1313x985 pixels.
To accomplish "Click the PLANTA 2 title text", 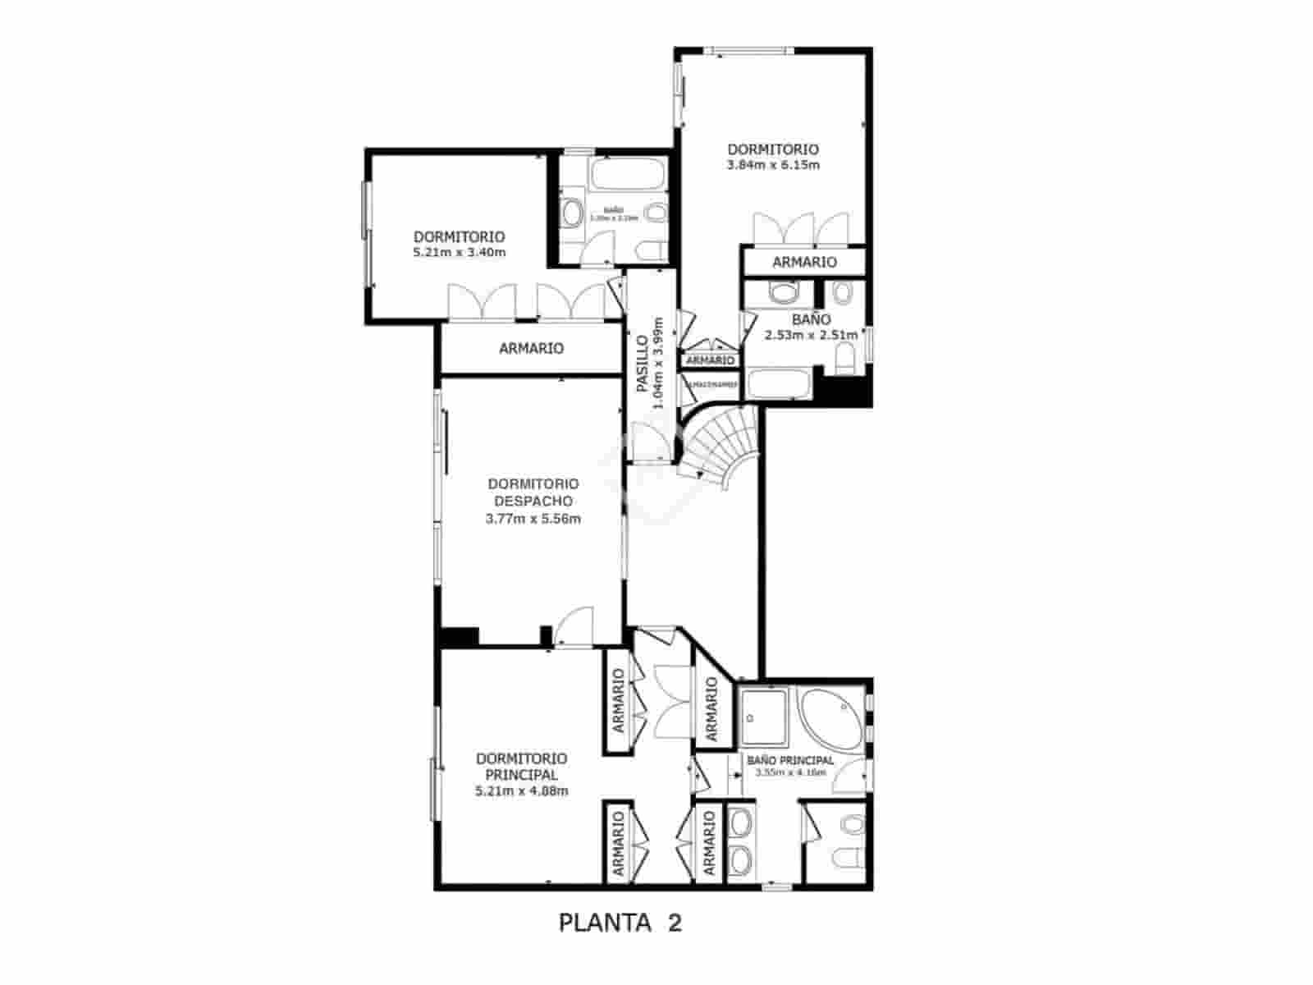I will click(620, 923).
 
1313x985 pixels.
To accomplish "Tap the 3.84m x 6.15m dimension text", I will click(773, 165).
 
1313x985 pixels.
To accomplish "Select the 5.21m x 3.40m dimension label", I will click(460, 252).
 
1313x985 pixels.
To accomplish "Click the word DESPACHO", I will click(533, 501).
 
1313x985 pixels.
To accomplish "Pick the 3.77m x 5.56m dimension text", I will click(533, 519).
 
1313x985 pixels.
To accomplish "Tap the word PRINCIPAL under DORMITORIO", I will click(521, 775).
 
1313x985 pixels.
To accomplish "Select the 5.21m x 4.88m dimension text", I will click(521, 791).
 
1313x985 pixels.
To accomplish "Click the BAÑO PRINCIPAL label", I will click(789, 761).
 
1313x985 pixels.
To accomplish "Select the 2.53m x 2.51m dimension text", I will click(811, 335).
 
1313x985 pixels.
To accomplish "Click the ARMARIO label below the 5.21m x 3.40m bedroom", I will click(532, 349).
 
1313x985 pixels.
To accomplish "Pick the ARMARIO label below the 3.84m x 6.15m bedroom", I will click(804, 262).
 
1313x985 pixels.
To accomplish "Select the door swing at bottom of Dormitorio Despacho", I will click(574, 627).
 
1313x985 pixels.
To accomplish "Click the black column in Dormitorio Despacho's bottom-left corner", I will click(458, 636).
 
